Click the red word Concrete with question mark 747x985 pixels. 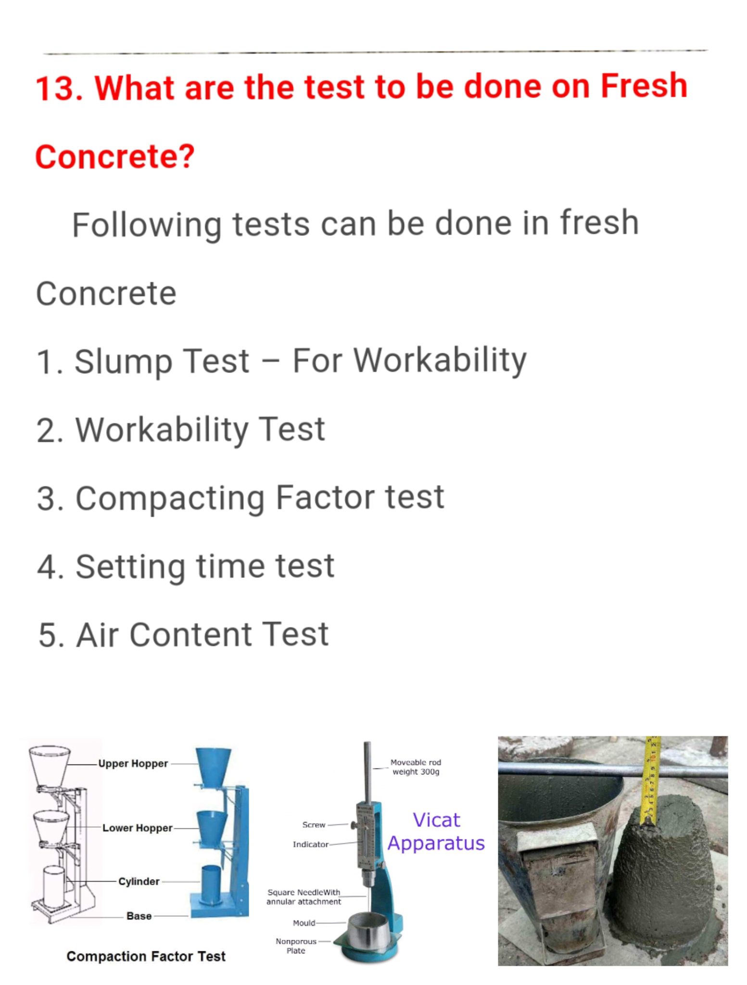[115, 157]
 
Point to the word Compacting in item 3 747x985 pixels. [170, 498]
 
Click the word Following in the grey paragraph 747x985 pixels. [146, 225]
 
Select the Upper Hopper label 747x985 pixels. [133, 763]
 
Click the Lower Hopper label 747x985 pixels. [137, 828]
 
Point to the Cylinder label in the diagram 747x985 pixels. [139, 881]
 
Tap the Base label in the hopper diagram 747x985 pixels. [139, 916]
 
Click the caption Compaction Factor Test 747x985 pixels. [146, 956]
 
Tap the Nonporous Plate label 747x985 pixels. [296, 946]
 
